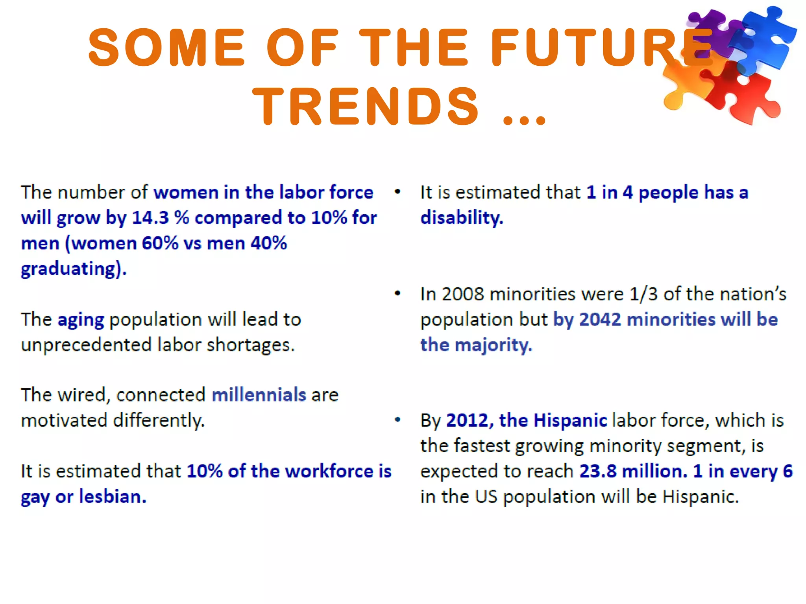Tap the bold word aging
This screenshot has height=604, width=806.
click(x=81, y=320)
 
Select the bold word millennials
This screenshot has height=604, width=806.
click(x=259, y=395)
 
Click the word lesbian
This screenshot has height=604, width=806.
click(x=113, y=497)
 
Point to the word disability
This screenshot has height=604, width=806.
click(x=461, y=218)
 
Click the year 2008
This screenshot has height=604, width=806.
click(x=462, y=294)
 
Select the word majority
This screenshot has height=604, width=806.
click(x=493, y=345)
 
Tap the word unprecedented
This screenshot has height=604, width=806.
click(x=86, y=345)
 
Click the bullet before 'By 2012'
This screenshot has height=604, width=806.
click(x=397, y=420)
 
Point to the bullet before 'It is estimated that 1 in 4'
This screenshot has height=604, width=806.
click(x=397, y=192)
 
